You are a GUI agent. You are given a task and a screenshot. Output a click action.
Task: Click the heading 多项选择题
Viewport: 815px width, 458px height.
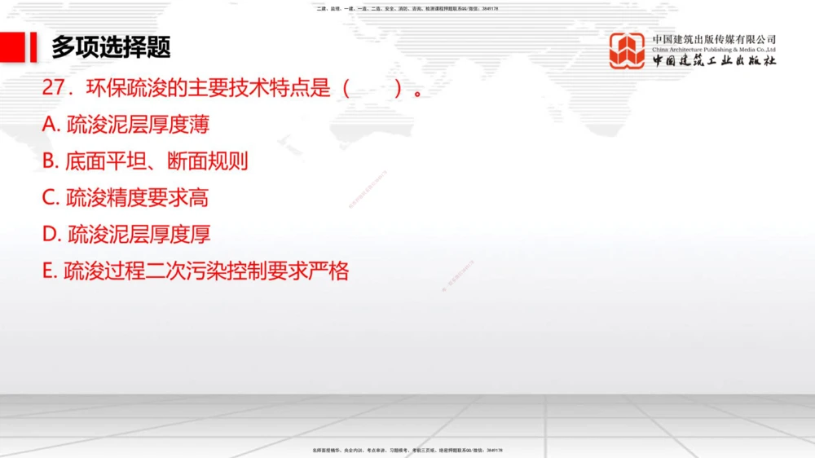(111, 47)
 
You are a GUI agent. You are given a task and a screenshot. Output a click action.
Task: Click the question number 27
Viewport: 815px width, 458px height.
(53, 88)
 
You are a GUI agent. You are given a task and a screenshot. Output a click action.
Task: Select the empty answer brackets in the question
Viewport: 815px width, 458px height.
(372, 88)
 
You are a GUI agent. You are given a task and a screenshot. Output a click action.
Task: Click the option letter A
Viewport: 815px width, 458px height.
(49, 125)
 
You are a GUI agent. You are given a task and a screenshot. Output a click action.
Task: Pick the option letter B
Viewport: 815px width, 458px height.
(49, 161)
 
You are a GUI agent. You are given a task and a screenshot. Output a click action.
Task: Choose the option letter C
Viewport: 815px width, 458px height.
(49, 198)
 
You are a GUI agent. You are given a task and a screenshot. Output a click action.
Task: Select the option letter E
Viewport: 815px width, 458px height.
(48, 271)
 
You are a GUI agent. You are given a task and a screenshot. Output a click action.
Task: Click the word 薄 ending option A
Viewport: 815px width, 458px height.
(200, 125)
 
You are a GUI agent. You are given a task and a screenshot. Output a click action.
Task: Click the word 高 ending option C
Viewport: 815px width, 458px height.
(200, 198)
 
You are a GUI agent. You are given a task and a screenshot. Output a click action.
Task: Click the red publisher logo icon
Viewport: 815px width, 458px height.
(627, 51)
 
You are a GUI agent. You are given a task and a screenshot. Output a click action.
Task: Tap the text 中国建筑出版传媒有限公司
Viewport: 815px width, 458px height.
(714, 39)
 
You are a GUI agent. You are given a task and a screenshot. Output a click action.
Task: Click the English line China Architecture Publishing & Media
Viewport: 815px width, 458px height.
(714, 50)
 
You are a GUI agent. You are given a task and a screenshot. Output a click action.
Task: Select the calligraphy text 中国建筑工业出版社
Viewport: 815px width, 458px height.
(714, 61)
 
